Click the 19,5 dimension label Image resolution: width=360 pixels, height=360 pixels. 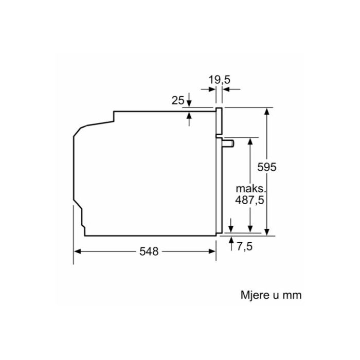pos(219,80)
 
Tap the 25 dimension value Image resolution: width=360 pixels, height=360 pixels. pos(178,101)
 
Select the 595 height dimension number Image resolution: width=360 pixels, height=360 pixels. pos(267,167)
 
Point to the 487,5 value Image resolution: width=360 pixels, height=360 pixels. pos(249,200)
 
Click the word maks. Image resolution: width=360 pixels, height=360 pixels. pos(251,189)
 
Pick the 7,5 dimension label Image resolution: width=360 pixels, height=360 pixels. pos(245,246)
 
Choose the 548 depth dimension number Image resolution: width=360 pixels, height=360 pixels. pos(149,251)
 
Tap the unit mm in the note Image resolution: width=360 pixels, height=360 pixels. pos(292,296)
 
